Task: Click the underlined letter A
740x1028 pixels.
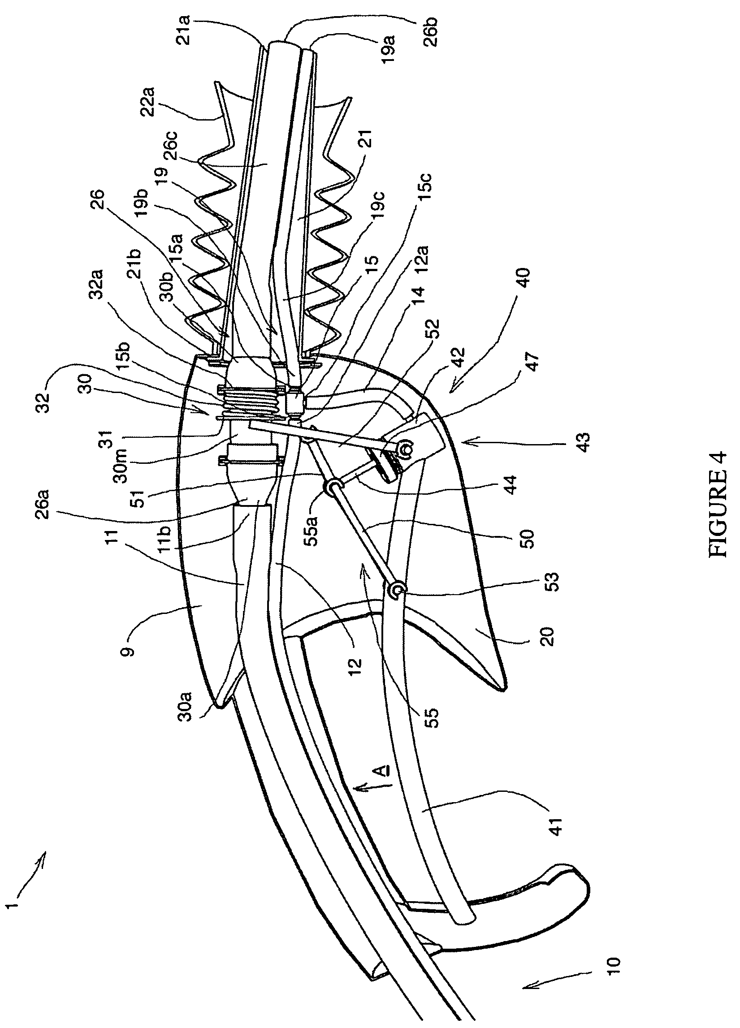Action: pyautogui.click(x=381, y=771)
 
